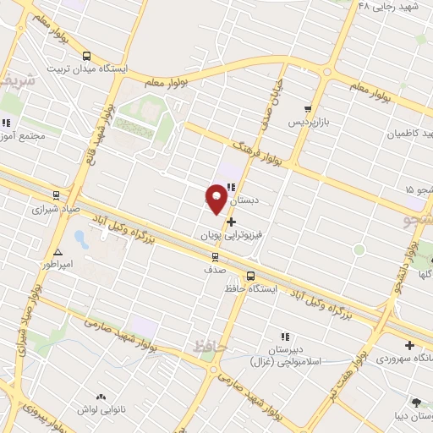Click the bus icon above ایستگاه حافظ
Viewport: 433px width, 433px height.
coord(250,275)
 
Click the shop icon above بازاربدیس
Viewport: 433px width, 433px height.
coord(308,109)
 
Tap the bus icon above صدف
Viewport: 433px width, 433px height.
coord(215,255)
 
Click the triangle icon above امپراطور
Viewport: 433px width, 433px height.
coord(58,252)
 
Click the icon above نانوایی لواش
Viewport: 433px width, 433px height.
coord(101,396)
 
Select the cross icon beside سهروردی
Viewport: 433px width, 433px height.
coord(410,345)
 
